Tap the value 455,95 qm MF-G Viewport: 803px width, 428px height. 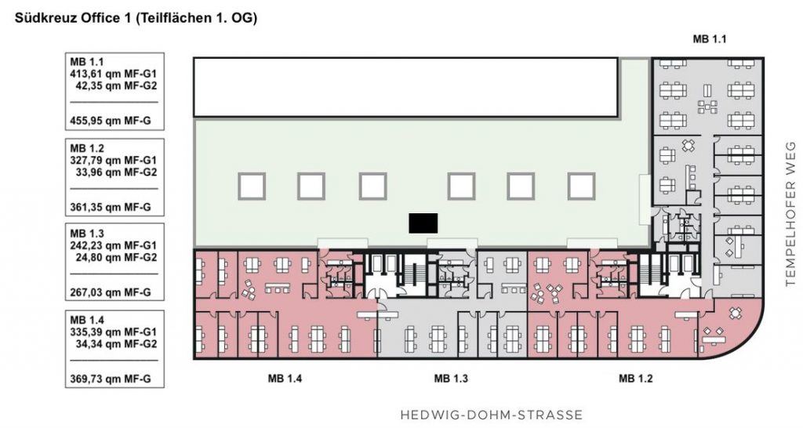click(x=110, y=122)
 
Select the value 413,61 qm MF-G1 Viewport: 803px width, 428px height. click(x=113, y=74)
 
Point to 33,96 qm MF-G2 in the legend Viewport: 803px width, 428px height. click(x=116, y=172)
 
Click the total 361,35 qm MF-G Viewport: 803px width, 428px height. click(x=110, y=208)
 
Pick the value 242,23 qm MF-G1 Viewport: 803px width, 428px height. click(x=113, y=245)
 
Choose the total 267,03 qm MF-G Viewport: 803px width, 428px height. click(x=110, y=293)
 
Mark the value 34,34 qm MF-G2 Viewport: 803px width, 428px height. click(x=116, y=343)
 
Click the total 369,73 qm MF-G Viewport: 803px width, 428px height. click(x=110, y=380)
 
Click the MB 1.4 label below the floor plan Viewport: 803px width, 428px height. click(x=285, y=379)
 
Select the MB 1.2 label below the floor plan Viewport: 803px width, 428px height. click(x=635, y=379)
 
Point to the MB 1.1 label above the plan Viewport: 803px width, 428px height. click(x=709, y=39)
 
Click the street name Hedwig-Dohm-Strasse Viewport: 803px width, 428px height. click(x=491, y=414)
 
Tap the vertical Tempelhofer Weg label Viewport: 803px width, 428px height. click(x=790, y=214)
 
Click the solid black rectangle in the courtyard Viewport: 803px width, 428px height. click(x=423, y=223)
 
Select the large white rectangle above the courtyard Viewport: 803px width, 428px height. click(x=405, y=87)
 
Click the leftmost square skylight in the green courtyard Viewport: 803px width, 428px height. click(x=252, y=187)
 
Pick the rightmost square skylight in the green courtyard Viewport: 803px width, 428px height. click(x=581, y=187)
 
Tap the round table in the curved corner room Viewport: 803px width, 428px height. click(x=736, y=312)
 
